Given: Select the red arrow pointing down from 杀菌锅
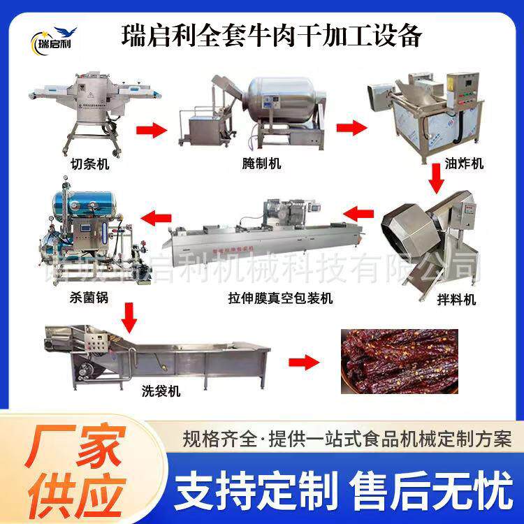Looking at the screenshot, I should pos(129,316).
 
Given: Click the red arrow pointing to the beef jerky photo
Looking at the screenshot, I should pos(302,363).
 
